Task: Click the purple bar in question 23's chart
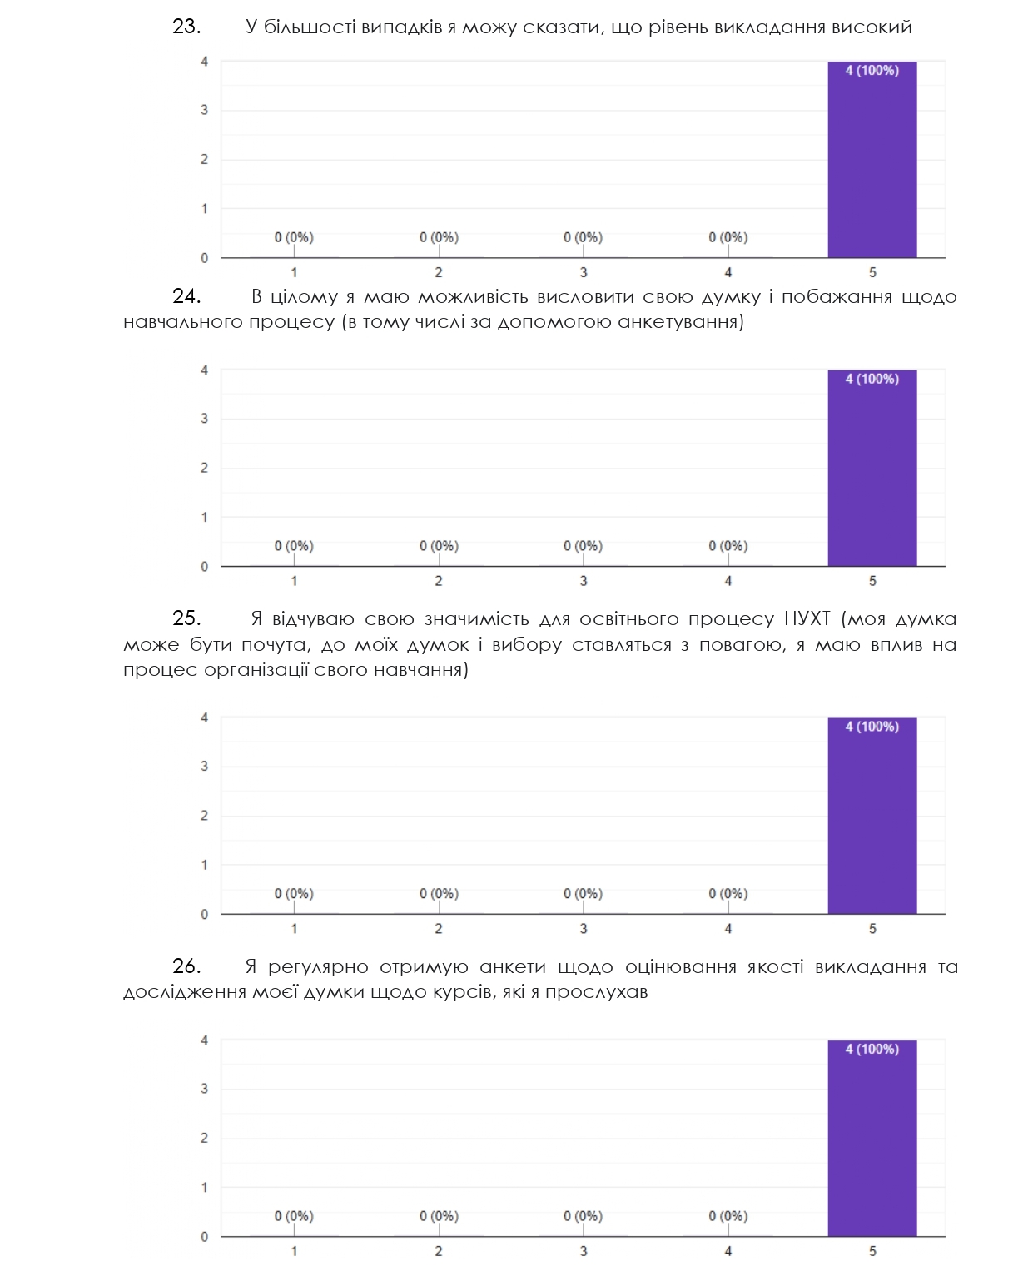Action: click(872, 166)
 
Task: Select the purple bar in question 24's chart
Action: click(872, 474)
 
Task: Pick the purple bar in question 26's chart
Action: click(872, 1144)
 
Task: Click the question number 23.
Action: click(186, 27)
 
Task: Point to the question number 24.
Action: click(186, 297)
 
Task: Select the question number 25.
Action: click(186, 619)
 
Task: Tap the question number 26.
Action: click(186, 967)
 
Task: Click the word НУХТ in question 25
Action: click(807, 619)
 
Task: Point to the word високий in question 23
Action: click(872, 27)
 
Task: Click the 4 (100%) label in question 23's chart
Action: click(872, 71)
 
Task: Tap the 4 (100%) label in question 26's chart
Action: click(872, 1050)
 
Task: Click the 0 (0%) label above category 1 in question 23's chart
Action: click(294, 237)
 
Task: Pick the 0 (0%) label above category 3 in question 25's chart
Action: click(583, 894)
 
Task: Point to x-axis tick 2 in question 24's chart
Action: click(439, 581)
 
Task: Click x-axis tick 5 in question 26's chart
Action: click(872, 1251)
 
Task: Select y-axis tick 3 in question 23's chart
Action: click(204, 110)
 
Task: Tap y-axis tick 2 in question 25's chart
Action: click(204, 816)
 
